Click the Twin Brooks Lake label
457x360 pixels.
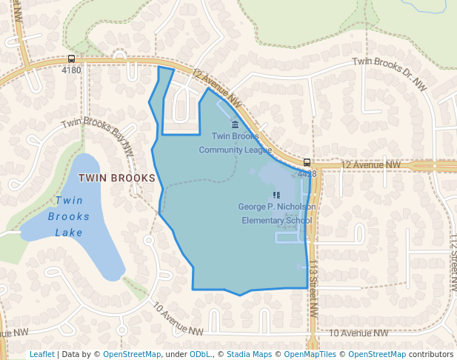click(x=69, y=216)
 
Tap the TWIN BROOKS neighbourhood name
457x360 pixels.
click(x=117, y=178)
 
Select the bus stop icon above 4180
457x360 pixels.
click(x=71, y=59)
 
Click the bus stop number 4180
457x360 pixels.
click(x=71, y=70)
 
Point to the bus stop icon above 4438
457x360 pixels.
click(x=307, y=162)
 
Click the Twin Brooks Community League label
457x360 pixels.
click(x=236, y=142)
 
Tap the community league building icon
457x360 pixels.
click(x=236, y=124)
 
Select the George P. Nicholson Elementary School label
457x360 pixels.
click(x=277, y=213)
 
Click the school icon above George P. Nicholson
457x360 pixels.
click(x=277, y=195)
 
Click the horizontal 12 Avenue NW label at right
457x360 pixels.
click(x=370, y=164)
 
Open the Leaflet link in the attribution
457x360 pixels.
click(x=41, y=354)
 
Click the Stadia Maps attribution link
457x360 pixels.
click(x=247, y=354)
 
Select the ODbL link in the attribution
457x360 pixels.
click(x=200, y=354)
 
